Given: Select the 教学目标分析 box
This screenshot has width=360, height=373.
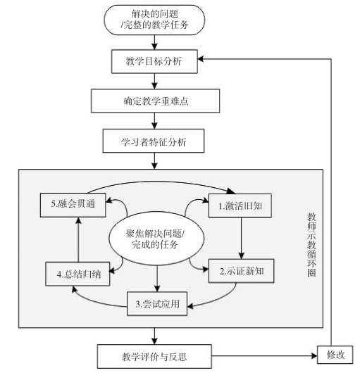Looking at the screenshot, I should pos(153,62).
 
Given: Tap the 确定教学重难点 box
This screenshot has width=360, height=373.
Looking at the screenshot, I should pos(153,101).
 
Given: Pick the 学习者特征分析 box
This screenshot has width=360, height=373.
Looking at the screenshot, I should pos(153,141).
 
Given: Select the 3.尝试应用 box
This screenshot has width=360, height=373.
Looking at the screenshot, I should pos(156,303).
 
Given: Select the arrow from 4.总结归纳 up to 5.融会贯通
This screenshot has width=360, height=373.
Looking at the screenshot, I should pos(79,239).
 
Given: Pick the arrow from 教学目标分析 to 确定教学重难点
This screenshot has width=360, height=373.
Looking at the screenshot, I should pos(153,81).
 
